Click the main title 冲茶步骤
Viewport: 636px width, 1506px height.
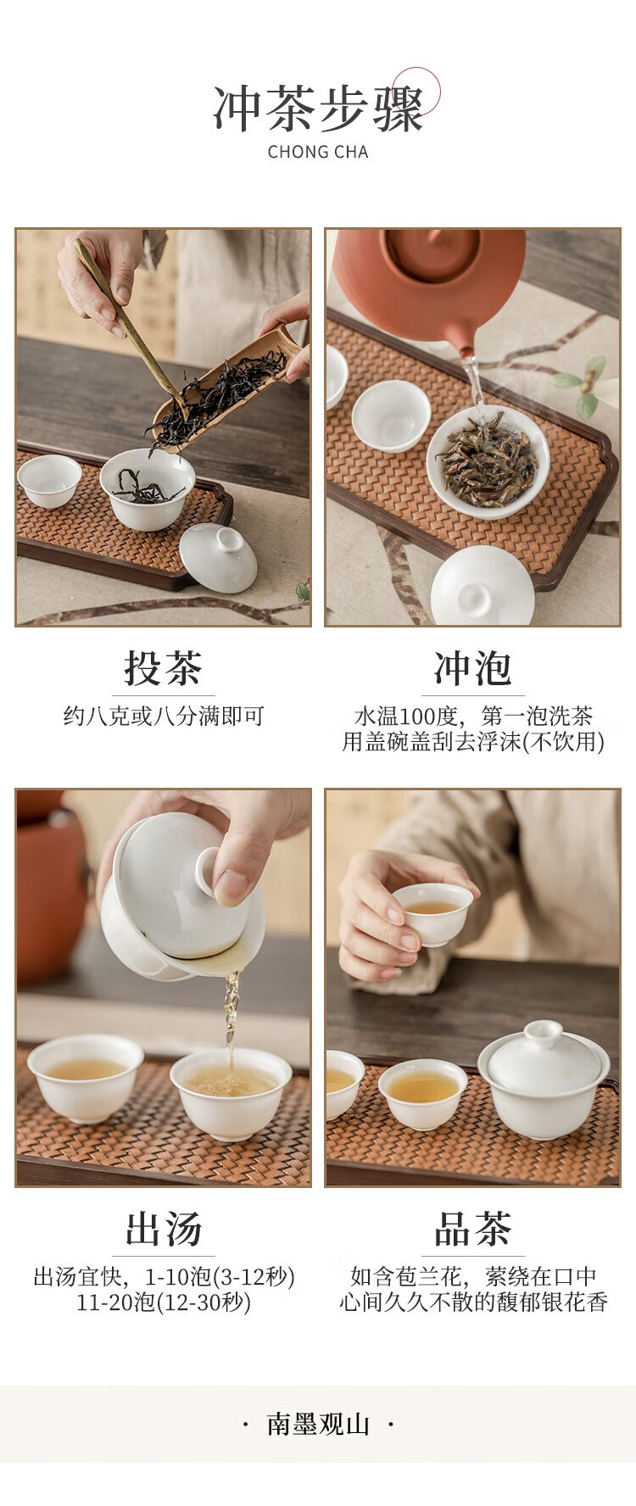pyautogui.click(x=318, y=109)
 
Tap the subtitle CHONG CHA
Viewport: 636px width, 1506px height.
pyautogui.click(x=318, y=153)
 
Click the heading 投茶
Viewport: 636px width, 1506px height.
pyautogui.click(x=163, y=668)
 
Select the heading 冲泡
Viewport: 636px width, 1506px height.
pyautogui.click(x=472, y=668)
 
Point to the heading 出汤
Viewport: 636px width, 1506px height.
pyautogui.click(x=163, y=1229)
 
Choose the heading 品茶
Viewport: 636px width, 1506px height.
pyautogui.click(x=472, y=1229)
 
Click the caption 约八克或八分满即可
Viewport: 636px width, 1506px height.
pyautogui.click(x=164, y=717)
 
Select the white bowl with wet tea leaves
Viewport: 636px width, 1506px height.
pyautogui.click(x=488, y=460)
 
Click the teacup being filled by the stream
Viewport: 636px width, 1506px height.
pyautogui.click(x=231, y=1093)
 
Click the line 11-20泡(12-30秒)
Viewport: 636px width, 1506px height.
pyautogui.click(x=164, y=1302)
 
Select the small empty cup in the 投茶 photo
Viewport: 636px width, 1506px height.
pyautogui.click(x=49, y=481)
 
